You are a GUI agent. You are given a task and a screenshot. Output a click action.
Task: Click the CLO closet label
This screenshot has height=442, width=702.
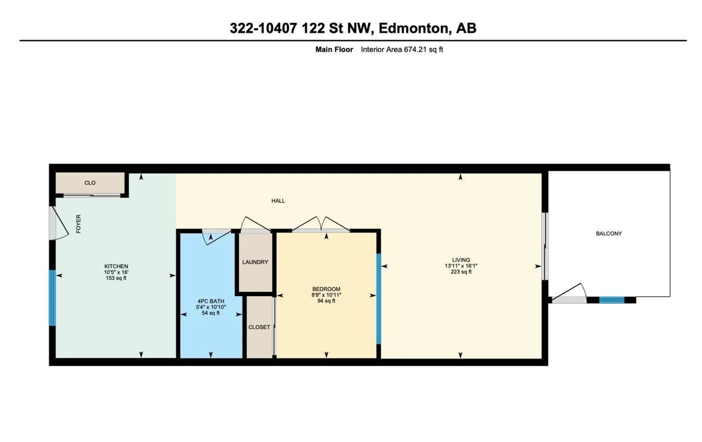pyautogui.click(x=90, y=183)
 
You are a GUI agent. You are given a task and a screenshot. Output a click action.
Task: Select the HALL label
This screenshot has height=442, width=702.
pyautogui.click(x=278, y=201)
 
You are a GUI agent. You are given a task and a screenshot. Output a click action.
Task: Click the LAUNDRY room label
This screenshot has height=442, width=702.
pyautogui.click(x=255, y=262)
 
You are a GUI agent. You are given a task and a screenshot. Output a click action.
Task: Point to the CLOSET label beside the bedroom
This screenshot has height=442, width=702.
pyautogui.click(x=259, y=327)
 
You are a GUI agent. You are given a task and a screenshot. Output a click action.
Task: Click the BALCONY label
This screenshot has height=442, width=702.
pyautogui.click(x=609, y=234)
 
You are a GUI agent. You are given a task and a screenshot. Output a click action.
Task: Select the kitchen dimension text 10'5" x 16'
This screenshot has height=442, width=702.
pyautogui.click(x=116, y=272)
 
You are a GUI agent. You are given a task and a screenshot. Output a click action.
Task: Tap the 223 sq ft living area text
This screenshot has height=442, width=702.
pyautogui.click(x=461, y=272)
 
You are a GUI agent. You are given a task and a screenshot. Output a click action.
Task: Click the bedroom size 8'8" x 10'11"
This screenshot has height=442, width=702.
pyautogui.click(x=326, y=295)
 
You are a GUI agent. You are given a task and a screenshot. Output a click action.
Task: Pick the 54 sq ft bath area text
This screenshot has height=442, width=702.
pyautogui.click(x=210, y=313)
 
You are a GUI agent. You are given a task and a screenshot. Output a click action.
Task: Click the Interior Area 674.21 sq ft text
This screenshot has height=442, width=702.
pyautogui.click(x=402, y=50)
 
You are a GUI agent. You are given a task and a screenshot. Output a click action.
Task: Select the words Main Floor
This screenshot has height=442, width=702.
pyautogui.click(x=334, y=50)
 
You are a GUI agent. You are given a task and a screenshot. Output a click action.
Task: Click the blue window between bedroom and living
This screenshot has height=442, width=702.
pyautogui.click(x=378, y=299)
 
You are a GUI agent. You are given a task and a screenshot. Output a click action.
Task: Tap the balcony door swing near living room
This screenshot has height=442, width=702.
pyautogui.click(x=569, y=292)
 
